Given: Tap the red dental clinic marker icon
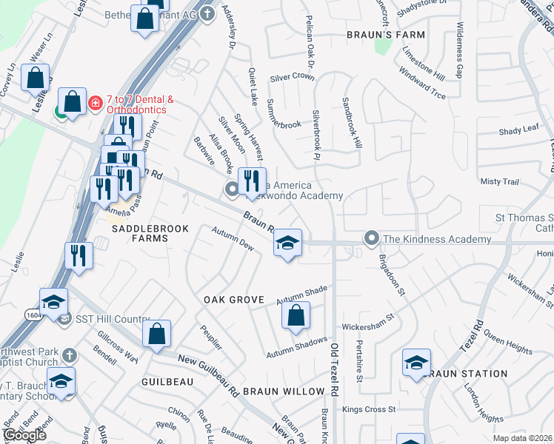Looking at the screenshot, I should click(95, 103).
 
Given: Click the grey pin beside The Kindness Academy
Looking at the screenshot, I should click(371, 238).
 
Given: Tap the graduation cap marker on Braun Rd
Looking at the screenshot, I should click(287, 243).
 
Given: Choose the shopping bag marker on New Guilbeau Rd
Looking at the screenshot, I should click(157, 334).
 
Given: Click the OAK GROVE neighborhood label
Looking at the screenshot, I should click(234, 299).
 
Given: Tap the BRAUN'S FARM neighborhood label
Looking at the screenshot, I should click(387, 35).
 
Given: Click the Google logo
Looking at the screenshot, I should click(24, 435).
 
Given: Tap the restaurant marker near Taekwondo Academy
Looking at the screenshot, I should click(252, 181).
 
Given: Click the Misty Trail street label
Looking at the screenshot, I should click(500, 181).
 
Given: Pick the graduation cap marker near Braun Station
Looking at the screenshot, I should click(416, 363).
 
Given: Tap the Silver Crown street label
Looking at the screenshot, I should click(292, 76).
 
